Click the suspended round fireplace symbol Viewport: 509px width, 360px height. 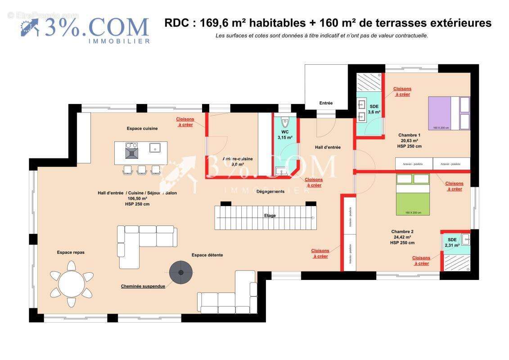pos(181,272)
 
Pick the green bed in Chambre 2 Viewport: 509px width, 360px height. pos(413,194)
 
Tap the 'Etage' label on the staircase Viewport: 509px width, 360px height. pos(270,216)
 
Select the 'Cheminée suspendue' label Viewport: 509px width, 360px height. pos(143,286)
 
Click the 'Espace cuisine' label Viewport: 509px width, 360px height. pos(142,129)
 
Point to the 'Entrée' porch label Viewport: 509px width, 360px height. pos(326,103)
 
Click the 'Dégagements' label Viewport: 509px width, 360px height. pos(270,192)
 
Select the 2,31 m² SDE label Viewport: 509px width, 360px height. pos(452,243)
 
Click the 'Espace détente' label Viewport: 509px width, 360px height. pos(207,255)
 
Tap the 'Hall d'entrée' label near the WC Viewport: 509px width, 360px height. pos(327,147)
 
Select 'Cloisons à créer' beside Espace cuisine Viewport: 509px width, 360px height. pos(185,122)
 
